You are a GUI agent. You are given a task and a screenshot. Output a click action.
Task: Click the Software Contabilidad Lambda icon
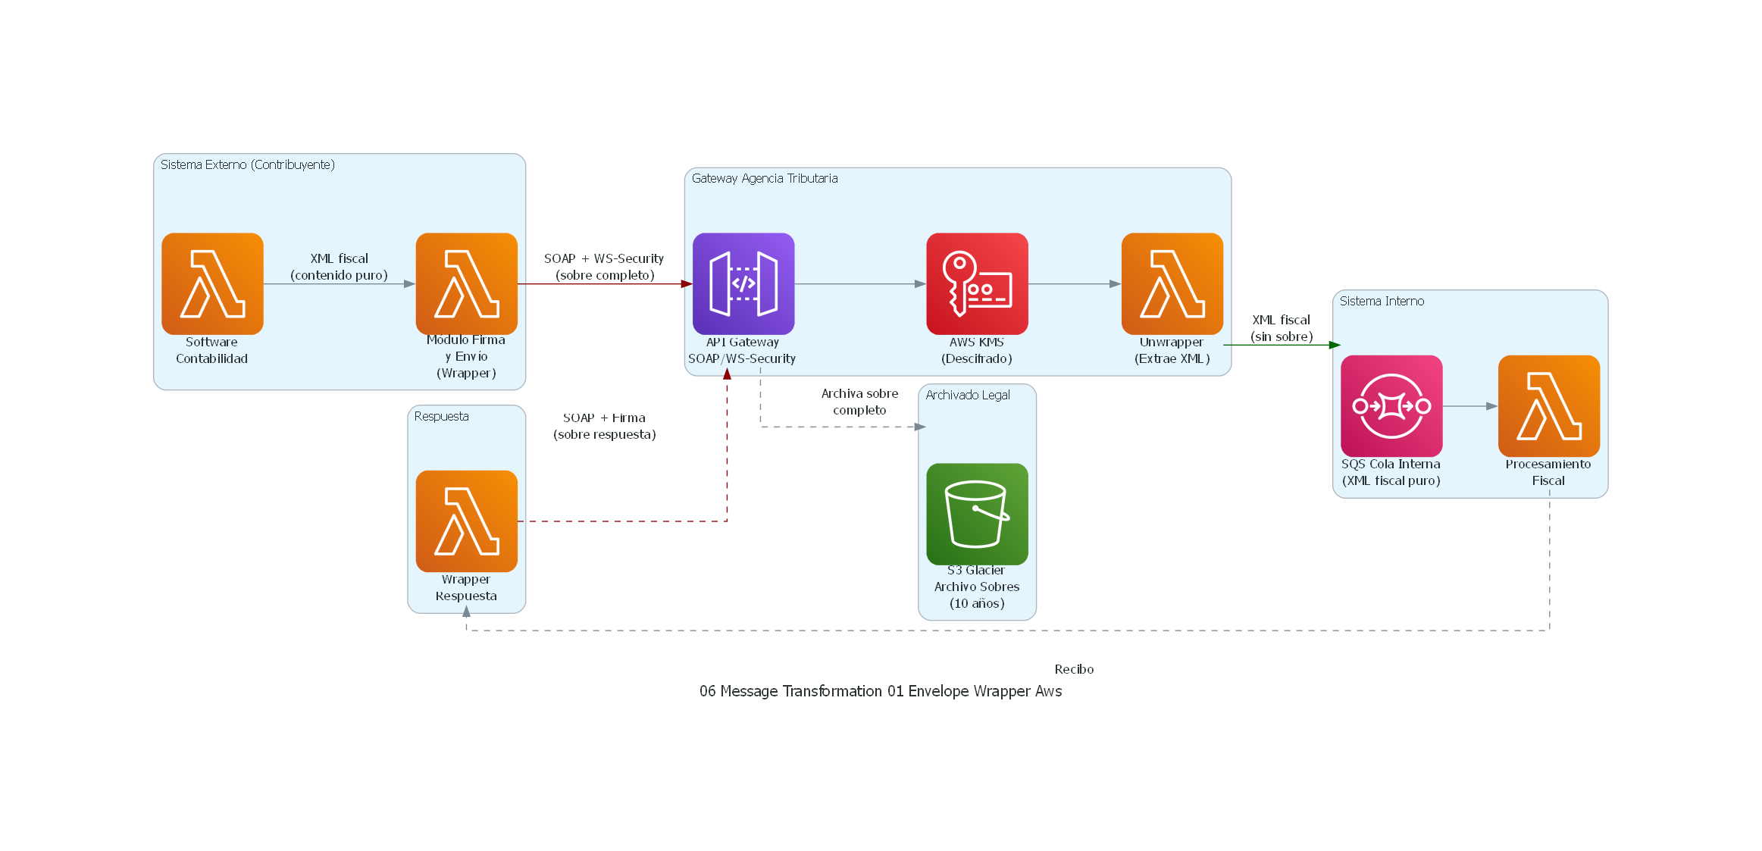[212, 283]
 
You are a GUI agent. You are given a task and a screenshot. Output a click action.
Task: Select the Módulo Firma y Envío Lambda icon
[466, 283]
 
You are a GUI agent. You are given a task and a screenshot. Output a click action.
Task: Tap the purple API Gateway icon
[743, 283]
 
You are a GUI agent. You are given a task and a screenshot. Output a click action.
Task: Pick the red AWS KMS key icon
[977, 283]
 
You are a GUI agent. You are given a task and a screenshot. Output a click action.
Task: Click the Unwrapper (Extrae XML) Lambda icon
[1172, 283]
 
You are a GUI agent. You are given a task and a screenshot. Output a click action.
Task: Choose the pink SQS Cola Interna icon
[1391, 406]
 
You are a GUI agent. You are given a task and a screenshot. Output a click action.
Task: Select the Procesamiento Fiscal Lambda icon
[1548, 406]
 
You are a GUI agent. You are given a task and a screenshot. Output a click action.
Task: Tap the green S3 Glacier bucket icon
[977, 514]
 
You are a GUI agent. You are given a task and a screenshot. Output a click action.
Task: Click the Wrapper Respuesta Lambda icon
[466, 521]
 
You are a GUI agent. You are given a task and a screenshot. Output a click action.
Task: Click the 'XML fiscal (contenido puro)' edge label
[339, 267]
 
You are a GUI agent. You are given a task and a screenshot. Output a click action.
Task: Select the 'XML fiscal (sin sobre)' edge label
[1281, 328]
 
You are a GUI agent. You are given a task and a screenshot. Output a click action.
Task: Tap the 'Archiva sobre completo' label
[859, 402]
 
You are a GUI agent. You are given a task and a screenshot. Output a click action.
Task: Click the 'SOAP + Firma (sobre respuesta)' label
[604, 426]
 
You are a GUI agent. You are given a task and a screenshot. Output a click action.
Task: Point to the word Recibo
[1074, 669]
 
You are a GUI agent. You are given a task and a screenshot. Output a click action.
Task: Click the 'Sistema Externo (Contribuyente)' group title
[247, 164]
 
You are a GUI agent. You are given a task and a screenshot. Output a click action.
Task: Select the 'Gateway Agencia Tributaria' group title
[764, 178]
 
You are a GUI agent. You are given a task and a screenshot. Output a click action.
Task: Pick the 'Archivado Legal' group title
[967, 395]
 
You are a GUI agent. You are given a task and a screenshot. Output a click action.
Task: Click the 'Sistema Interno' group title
[1381, 301]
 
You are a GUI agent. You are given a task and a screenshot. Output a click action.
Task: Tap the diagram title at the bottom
[880, 691]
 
